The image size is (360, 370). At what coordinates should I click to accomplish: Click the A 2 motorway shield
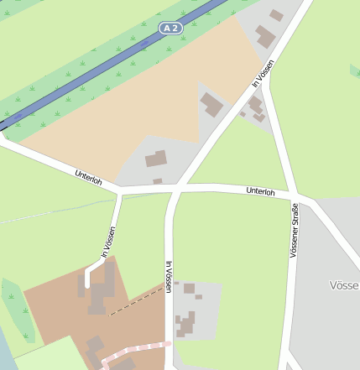(170, 29)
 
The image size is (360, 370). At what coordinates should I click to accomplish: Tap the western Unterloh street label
(88, 178)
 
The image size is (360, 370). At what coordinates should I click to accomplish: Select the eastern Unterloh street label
(260, 192)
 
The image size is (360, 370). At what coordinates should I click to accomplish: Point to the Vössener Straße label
(294, 230)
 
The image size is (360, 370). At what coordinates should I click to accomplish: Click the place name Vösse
(344, 285)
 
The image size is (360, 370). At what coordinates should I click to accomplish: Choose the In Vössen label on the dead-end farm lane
(107, 242)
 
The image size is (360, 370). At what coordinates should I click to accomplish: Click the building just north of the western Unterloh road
(156, 159)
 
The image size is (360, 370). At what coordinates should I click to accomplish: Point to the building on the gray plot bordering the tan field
(211, 105)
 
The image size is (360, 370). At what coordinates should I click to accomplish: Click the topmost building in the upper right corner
(276, 15)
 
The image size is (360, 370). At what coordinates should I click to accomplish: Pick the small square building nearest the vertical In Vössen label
(189, 288)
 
